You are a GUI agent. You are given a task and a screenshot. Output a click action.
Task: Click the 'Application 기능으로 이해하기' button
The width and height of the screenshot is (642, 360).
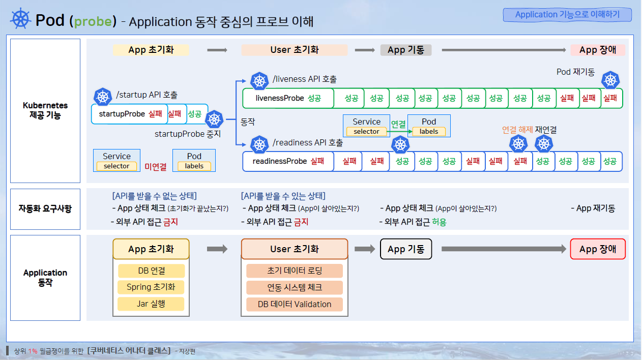tap(567, 15)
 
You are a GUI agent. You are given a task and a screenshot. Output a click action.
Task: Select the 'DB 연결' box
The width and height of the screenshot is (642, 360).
tap(151, 271)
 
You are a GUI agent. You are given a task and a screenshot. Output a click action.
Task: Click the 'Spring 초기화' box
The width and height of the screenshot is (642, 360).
tap(151, 287)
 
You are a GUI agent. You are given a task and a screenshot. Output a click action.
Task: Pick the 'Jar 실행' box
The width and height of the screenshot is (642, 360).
tap(151, 304)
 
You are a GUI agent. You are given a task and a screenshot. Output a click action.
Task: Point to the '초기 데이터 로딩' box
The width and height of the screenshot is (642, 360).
tap(295, 271)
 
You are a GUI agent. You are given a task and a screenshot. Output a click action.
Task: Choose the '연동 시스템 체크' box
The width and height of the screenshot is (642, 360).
tap(295, 287)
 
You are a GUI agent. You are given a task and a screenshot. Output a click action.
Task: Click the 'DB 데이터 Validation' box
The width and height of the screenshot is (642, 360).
tap(295, 304)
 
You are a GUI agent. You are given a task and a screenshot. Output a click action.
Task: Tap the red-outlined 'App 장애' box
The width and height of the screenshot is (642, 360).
tap(598, 249)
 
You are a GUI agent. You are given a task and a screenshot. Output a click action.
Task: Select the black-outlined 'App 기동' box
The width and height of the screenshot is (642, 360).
tap(405, 249)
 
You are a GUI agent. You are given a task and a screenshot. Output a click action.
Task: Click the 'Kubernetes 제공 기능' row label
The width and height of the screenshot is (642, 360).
tap(45, 110)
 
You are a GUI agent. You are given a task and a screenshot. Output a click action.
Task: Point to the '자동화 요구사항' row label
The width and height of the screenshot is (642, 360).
tap(45, 208)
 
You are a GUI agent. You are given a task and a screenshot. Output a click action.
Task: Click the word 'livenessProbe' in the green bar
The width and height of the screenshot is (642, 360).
tap(280, 98)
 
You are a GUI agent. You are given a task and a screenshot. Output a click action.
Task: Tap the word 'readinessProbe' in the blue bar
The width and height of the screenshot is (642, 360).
tap(280, 161)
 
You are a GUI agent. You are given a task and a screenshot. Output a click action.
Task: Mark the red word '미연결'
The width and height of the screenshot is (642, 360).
tap(156, 166)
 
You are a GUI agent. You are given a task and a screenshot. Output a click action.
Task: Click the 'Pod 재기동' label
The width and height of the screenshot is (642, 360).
tap(575, 72)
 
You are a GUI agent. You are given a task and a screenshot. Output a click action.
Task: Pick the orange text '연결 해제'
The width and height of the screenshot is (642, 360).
tap(517, 130)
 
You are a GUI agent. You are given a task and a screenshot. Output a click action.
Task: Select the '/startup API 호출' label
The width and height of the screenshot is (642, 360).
tap(147, 95)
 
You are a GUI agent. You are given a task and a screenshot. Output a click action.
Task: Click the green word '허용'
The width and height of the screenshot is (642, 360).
tap(439, 222)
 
